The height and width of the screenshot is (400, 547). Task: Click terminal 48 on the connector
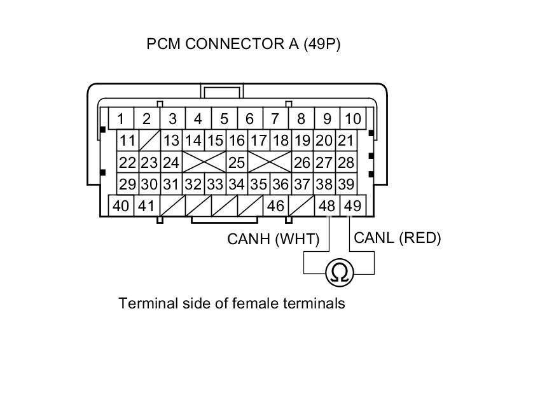tap(327, 206)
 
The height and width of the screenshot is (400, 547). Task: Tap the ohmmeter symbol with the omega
tap(339, 273)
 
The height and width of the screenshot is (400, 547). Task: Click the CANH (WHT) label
tap(273, 240)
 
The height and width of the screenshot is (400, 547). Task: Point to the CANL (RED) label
tap(397, 238)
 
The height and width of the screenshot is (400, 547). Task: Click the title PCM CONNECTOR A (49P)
tap(244, 44)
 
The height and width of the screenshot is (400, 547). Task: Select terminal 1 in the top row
tap(121, 119)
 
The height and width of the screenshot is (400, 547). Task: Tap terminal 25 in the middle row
tap(237, 162)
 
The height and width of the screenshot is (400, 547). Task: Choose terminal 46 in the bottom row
tap(275, 206)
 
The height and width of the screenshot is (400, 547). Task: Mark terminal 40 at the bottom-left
tap(121, 206)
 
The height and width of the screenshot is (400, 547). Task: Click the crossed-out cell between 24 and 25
tap(204, 162)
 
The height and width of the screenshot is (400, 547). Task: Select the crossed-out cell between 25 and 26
tap(269, 162)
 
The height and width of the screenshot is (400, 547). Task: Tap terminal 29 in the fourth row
tap(128, 184)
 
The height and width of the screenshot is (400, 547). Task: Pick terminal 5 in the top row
tap(224, 119)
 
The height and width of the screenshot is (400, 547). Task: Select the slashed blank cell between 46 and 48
tap(301, 206)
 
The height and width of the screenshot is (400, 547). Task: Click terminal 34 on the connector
tap(237, 184)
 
